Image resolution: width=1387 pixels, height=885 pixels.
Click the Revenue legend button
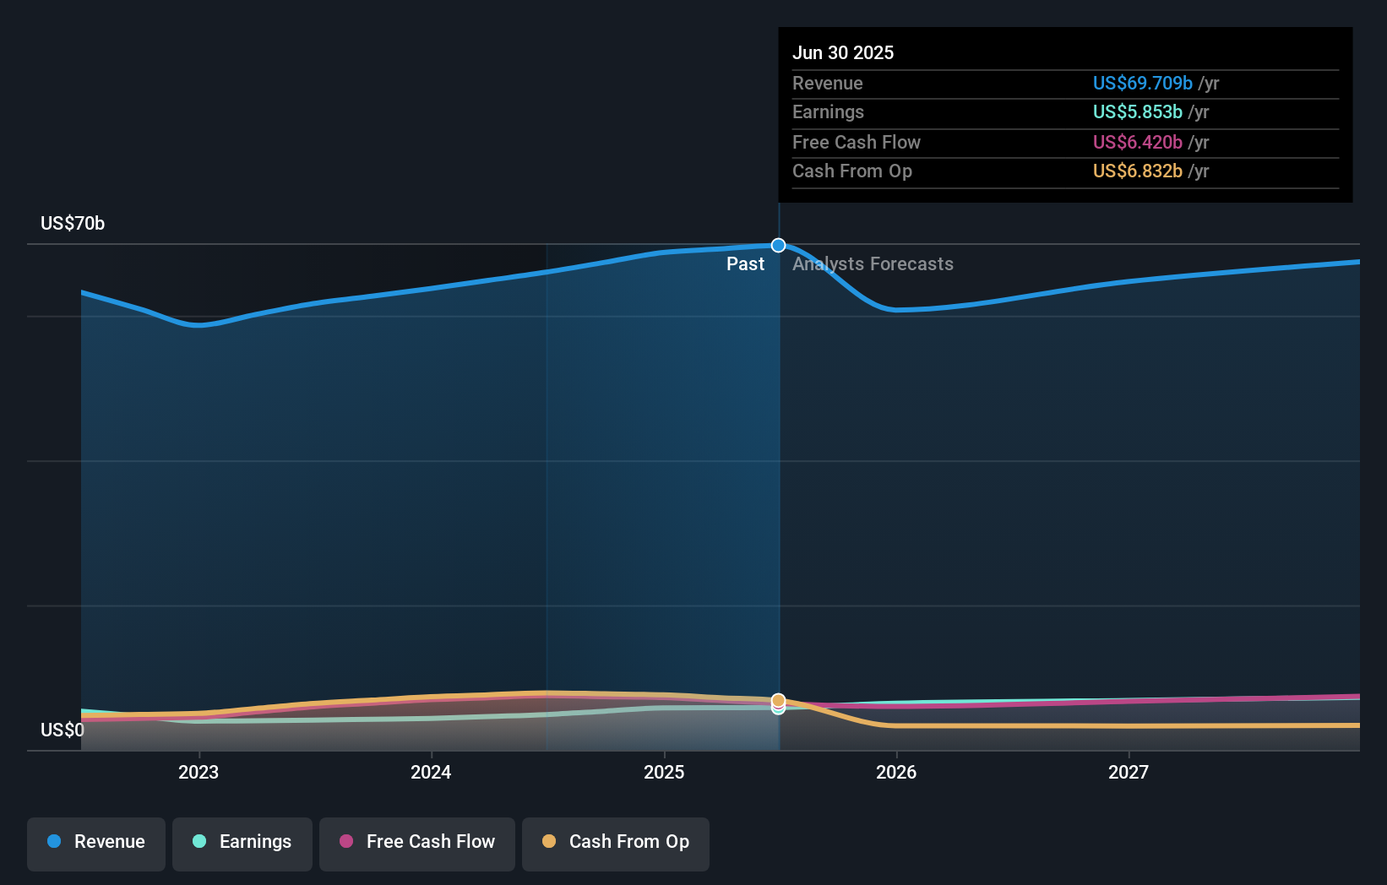[x=96, y=842]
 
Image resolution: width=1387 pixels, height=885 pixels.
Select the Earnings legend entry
[x=242, y=842]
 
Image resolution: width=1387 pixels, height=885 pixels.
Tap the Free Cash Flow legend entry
[x=417, y=842]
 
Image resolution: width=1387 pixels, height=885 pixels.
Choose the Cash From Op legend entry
[x=616, y=842]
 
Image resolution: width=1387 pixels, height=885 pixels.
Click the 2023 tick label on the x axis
[x=199, y=772]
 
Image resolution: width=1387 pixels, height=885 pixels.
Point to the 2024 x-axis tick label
[x=431, y=772]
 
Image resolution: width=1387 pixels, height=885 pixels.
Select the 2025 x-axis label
[x=664, y=772]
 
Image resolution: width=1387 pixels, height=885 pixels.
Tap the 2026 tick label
[x=896, y=772]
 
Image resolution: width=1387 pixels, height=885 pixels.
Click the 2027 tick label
[x=1129, y=772]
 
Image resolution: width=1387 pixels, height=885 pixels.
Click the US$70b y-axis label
[x=73, y=223]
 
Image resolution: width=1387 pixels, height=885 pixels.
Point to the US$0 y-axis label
[x=63, y=730]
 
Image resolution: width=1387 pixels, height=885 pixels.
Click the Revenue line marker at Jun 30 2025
[x=779, y=246]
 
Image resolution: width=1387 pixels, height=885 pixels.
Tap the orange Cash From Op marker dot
[x=779, y=700]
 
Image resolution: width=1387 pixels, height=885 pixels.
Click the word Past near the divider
[x=745, y=264]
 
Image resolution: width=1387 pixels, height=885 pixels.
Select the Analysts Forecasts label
[x=873, y=264]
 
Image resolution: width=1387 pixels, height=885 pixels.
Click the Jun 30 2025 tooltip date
[x=843, y=52]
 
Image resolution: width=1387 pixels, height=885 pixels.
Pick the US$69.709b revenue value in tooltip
[x=1142, y=83]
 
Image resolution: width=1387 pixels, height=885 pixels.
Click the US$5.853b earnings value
[x=1137, y=111]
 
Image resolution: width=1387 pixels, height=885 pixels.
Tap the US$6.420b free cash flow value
[x=1137, y=142]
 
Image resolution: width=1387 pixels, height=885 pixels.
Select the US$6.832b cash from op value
[x=1137, y=171]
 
